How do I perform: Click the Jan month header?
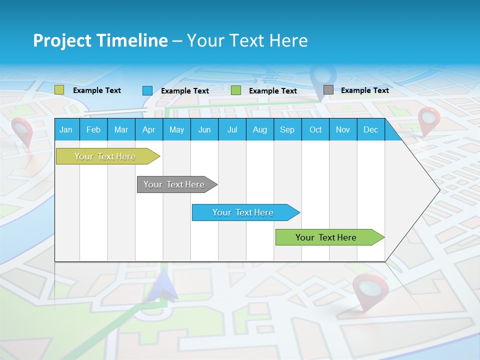click(66, 129)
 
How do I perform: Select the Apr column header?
click(148, 129)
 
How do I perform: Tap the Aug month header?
click(259, 129)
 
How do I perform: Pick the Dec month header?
click(370, 129)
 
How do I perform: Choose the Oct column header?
click(315, 129)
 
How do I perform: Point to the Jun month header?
click(204, 129)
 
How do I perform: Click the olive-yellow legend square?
click(59, 90)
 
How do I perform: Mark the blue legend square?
click(147, 90)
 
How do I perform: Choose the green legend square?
click(236, 90)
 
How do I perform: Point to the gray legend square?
click(328, 90)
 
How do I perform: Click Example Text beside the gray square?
click(364, 90)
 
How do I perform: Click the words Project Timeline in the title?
click(100, 40)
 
